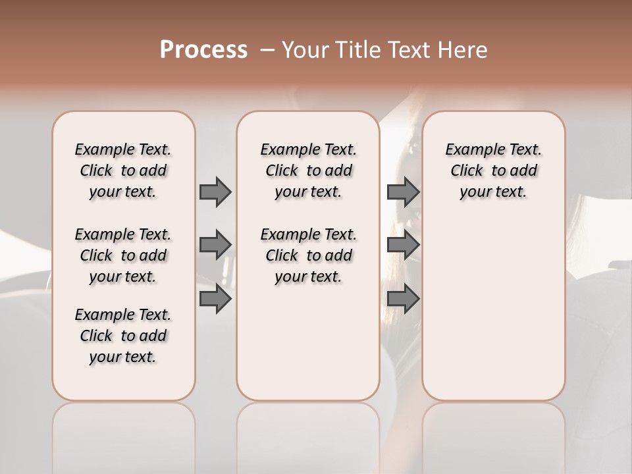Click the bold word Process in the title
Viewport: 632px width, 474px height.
click(x=203, y=50)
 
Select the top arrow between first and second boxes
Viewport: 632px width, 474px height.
click(x=215, y=192)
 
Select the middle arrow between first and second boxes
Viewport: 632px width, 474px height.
click(x=215, y=245)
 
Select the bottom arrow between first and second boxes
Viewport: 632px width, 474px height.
click(x=215, y=299)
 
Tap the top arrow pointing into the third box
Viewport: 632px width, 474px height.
click(x=403, y=192)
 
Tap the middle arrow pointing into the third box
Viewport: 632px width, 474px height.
click(x=403, y=245)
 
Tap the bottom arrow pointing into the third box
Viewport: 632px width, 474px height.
click(x=403, y=299)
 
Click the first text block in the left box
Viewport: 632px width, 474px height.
click(x=123, y=171)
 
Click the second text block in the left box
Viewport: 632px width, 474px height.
click(x=123, y=255)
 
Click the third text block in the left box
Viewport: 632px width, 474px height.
click(x=123, y=336)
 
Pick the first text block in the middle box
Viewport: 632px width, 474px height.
click(x=308, y=171)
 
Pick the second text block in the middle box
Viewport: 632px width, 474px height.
click(x=308, y=255)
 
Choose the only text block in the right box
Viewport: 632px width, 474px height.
click(x=493, y=171)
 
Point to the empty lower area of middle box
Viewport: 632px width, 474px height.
click(x=308, y=342)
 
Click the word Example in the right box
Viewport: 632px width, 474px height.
click(x=468, y=150)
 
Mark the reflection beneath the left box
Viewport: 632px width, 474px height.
click(x=123, y=428)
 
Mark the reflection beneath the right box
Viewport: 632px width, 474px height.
click(x=493, y=428)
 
